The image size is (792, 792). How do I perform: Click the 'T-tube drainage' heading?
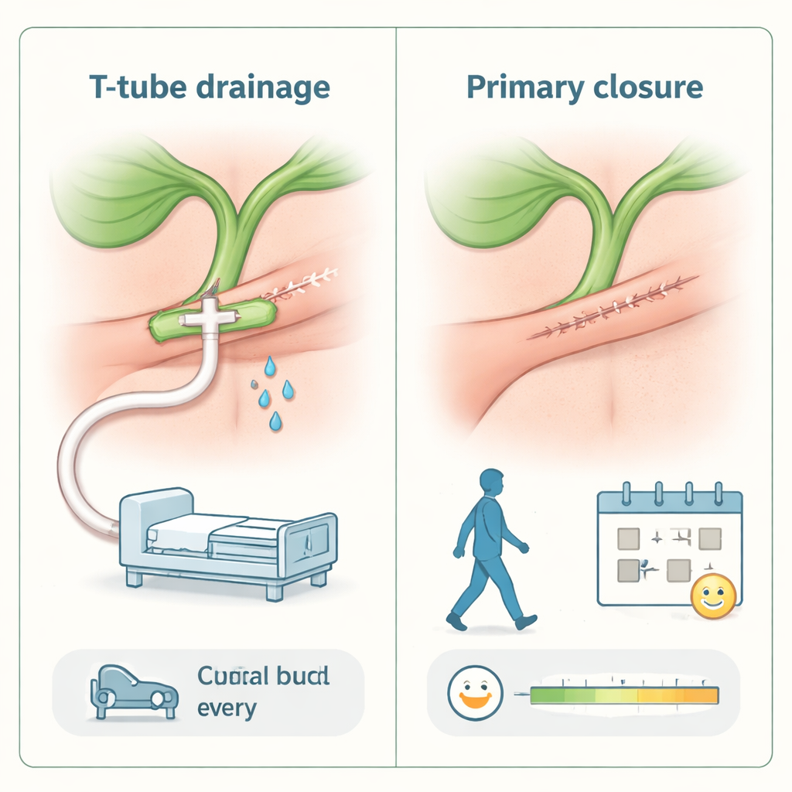(x=209, y=87)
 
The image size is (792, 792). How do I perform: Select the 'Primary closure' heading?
(x=585, y=87)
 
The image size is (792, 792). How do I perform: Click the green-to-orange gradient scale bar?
(x=625, y=695)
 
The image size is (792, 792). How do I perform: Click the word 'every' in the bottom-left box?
(x=227, y=707)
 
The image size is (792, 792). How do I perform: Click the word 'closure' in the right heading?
(x=650, y=87)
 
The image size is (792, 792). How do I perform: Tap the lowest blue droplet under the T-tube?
(x=275, y=422)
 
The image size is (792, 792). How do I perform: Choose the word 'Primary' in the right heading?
(x=526, y=88)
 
